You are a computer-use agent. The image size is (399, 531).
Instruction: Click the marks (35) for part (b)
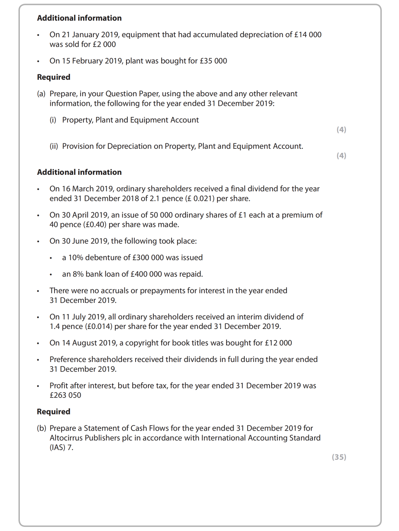339,457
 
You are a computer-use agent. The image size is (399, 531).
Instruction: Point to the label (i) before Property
53,120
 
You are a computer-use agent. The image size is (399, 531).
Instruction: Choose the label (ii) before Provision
54,146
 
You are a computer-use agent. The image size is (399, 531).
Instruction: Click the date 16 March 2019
87,189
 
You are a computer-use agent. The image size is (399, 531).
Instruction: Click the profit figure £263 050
65,395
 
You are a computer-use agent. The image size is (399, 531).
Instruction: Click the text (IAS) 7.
61,448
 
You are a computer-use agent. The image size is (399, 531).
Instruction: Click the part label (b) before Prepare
41,428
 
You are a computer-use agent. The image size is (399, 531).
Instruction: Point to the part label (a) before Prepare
41,94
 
